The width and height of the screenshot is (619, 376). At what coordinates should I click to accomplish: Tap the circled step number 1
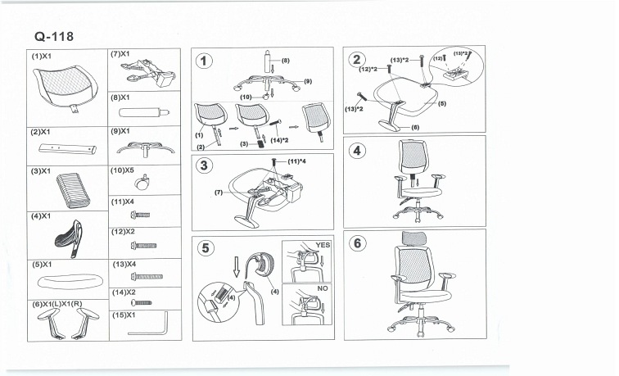(205, 60)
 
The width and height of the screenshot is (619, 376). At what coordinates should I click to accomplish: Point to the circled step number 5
(205, 247)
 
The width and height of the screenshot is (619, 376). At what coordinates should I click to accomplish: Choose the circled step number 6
(357, 244)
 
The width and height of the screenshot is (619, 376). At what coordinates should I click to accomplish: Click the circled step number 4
(357, 152)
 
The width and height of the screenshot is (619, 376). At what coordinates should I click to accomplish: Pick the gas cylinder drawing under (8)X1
(144, 111)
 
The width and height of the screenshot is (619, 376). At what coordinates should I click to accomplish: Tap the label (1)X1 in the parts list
(43, 56)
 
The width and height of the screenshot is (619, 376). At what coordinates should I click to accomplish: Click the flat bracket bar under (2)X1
(66, 149)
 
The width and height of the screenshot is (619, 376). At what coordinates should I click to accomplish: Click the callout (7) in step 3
(219, 193)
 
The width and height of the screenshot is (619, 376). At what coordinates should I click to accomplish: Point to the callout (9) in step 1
(308, 81)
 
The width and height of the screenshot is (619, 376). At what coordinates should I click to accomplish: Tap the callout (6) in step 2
(416, 128)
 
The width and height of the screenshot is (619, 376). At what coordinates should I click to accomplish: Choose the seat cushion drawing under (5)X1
(69, 283)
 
